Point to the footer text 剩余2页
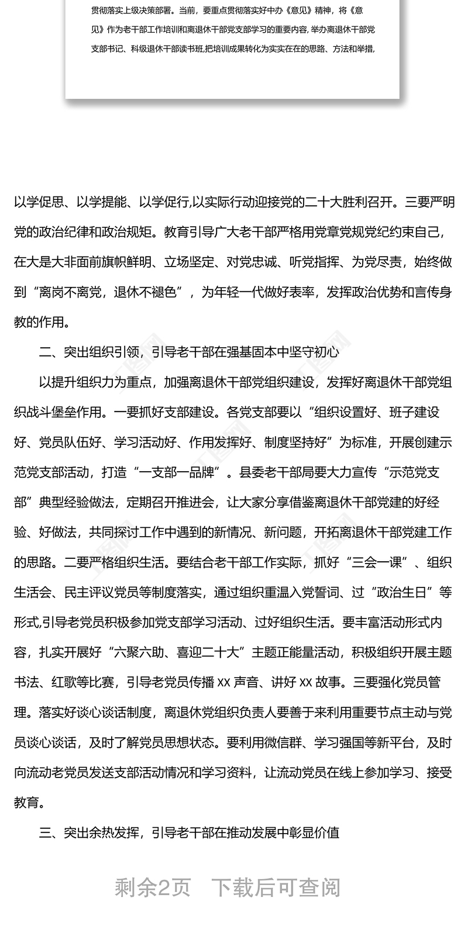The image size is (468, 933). click(153, 887)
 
